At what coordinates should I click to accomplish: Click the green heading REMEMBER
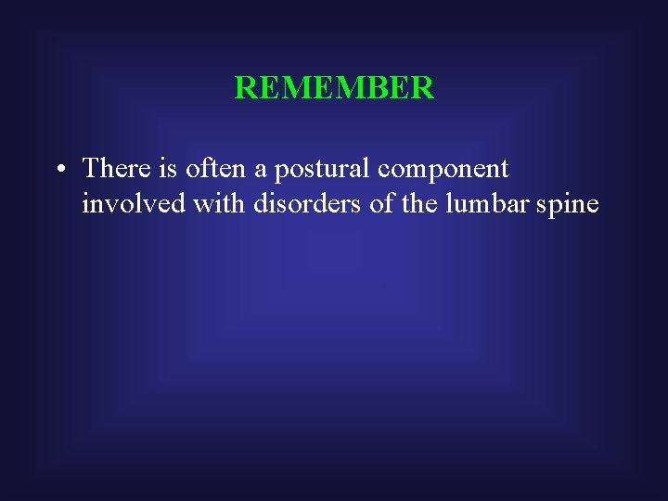(x=334, y=88)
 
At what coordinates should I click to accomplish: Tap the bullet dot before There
(x=58, y=171)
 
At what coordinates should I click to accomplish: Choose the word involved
(x=134, y=203)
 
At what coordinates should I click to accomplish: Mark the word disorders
(x=308, y=203)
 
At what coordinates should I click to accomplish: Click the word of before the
(x=381, y=203)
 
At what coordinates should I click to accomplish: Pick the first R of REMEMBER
(x=244, y=88)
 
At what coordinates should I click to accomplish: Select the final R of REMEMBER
(x=423, y=88)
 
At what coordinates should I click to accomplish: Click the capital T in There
(x=90, y=168)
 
